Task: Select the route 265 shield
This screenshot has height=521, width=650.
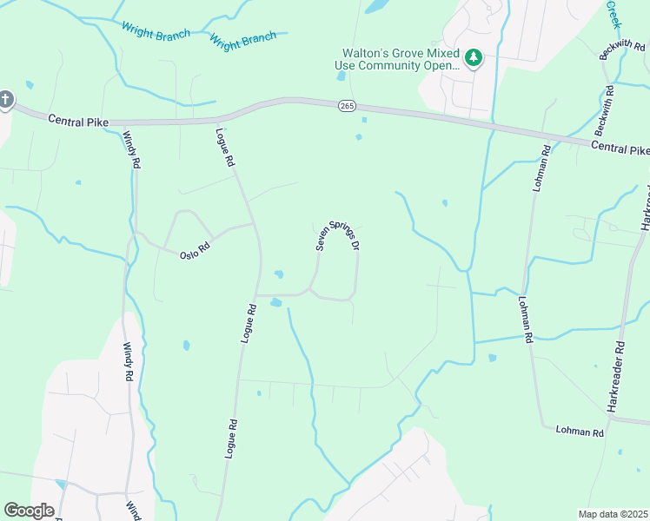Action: (x=347, y=105)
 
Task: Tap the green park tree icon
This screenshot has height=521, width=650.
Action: (x=473, y=58)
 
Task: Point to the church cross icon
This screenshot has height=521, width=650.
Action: (x=5, y=100)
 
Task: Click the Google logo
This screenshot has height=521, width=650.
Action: (x=29, y=511)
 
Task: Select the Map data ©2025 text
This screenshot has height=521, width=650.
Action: (x=613, y=514)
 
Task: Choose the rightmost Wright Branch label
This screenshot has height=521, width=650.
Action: (x=242, y=39)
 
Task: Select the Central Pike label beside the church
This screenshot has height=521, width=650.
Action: (x=78, y=121)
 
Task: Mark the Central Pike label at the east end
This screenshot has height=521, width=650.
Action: (x=620, y=148)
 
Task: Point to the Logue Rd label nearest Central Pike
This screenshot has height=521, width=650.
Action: (x=224, y=148)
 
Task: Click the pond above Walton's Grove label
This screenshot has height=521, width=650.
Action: (x=377, y=7)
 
